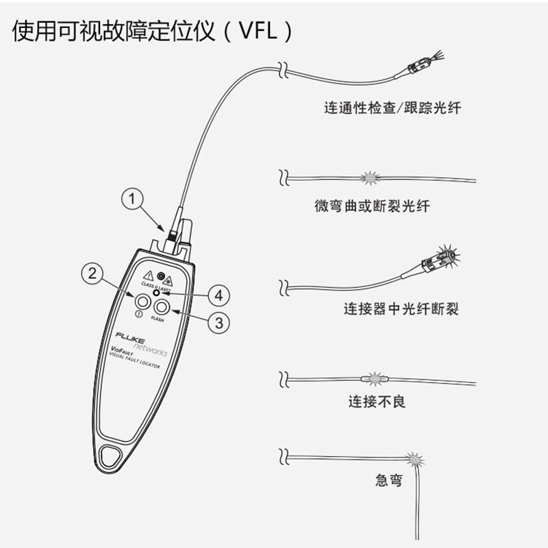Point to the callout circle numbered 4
pos(219,295)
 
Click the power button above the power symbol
pos(142,301)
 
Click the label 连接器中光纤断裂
pos(401,309)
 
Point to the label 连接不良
pos(377,401)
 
